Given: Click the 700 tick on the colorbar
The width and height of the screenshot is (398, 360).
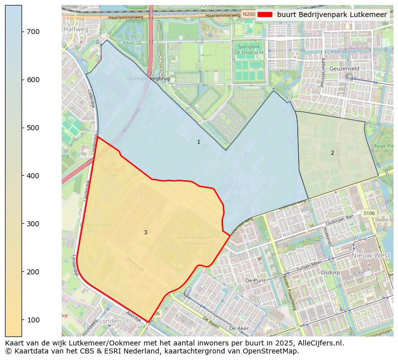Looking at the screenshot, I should pos(22,32).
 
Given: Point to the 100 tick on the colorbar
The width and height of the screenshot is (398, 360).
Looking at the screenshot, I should pos(22,319).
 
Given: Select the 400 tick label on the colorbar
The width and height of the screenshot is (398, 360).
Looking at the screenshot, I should pos(33,176).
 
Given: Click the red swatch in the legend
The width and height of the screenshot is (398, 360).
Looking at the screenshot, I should pos(265,15).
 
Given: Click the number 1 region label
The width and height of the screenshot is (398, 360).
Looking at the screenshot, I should pos(198,142).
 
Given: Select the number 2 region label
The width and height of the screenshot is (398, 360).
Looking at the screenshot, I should pos(332,153).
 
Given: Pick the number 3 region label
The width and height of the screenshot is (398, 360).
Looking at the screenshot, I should pos(145,232).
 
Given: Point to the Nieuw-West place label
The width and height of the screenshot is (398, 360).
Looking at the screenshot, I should pos(370,255).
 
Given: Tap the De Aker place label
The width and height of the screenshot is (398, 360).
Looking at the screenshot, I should pos(239,328).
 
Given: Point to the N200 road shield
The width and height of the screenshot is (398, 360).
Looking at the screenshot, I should pos(248,15).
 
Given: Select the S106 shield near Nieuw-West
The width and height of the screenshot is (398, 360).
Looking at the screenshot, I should pos(369,213).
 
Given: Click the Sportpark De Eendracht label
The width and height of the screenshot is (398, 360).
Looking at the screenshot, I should pos(249,49).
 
